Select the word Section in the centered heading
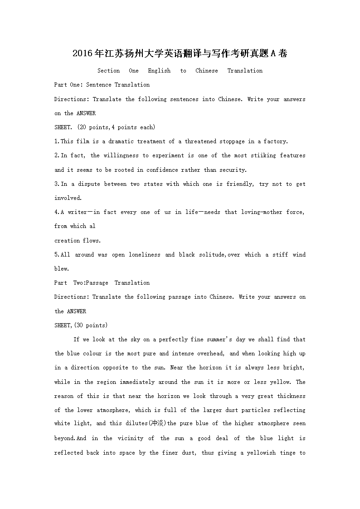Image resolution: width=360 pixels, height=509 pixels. (x=109, y=71)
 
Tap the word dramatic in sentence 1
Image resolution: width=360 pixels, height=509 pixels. (x=118, y=141)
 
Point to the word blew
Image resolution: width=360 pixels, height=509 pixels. (x=61, y=269)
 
